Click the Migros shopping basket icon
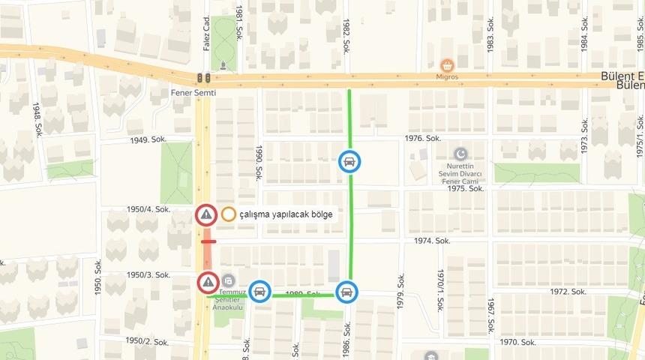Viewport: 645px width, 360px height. click(448, 65)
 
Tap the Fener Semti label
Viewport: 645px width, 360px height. click(193, 92)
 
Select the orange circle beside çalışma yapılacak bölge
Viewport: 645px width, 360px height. click(229, 214)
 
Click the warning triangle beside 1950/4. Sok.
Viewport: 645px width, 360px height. click(206, 215)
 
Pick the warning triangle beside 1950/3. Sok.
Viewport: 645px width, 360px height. click(208, 283)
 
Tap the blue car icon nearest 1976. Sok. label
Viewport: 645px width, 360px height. click(349, 161)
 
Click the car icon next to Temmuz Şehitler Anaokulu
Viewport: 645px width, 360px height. click(259, 290)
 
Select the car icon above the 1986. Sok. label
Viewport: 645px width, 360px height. click(346, 290)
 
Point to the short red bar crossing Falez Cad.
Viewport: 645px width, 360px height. click(208, 242)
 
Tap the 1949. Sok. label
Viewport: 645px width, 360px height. click(148, 140)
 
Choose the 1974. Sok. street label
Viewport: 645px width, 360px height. click(433, 241)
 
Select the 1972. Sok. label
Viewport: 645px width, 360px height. click(568, 291)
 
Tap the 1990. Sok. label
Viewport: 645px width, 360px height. click(258, 163)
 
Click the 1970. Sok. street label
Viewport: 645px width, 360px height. click(517, 342)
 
